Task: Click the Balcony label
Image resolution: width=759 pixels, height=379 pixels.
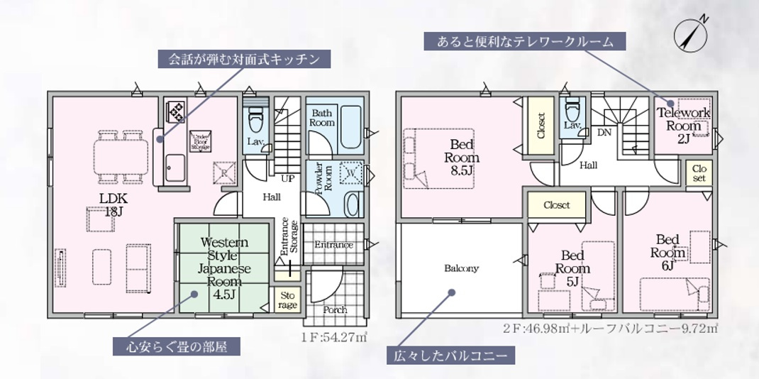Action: tap(462, 268)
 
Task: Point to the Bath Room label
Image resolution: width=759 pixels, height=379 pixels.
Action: tap(322, 118)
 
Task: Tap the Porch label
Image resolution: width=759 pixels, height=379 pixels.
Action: tap(335, 309)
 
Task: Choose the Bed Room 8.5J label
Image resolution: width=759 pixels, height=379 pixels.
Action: tap(462, 158)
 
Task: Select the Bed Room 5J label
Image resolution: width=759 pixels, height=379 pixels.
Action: tap(572, 268)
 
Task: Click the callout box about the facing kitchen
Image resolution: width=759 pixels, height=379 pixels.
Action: tap(245, 58)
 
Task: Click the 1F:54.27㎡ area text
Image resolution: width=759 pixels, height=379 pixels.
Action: tap(333, 336)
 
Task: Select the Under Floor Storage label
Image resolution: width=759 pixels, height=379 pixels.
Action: tap(198, 141)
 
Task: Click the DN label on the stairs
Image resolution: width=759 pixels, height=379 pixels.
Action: tap(604, 132)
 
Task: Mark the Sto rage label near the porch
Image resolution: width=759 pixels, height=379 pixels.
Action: tap(287, 301)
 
